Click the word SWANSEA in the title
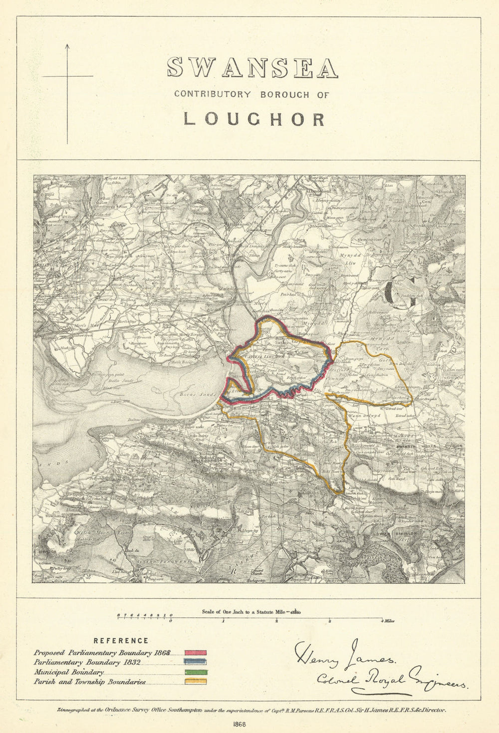(x=252, y=67)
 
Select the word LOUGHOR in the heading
(x=254, y=119)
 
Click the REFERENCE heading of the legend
(x=121, y=641)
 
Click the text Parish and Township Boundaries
(x=90, y=682)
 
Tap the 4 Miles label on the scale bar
(x=388, y=621)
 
